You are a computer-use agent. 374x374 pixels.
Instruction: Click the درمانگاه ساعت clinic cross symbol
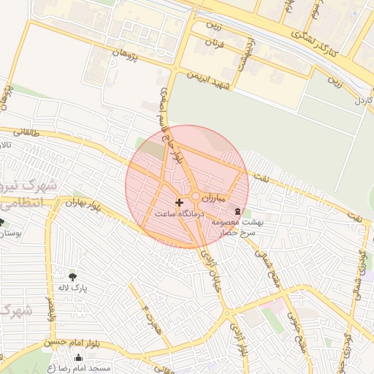pyautogui.click(x=180, y=202)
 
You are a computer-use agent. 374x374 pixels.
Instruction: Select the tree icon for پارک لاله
pyautogui.click(x=72, y=277)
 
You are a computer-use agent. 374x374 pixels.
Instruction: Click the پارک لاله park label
pyautogui.click(x=74, y=289)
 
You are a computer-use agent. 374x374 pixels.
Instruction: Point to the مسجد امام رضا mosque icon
pyautogui.click(x=79, y=358)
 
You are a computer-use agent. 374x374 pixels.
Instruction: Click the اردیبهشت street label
pyautogui.click(x=243, y=53)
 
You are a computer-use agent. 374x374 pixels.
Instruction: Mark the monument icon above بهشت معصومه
pyautogui.click(x=235, y=211)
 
